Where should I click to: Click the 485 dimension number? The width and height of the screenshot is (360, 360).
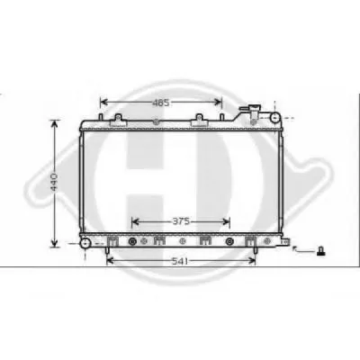click(x=161, y=103)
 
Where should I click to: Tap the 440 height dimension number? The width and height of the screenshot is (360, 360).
click(x=54, y=182)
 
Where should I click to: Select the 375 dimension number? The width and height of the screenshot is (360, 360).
click(x=181, y=221)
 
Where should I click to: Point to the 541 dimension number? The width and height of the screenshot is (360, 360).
click(x=180, y=262)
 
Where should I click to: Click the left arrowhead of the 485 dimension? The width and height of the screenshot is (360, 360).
click(x=103, y=103)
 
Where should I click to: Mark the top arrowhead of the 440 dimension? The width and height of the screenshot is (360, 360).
click(x=54, y=124)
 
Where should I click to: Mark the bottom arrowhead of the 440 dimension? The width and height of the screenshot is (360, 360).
click(x=54, y=243)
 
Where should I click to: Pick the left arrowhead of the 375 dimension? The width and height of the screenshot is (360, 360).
click(x=136, y=221)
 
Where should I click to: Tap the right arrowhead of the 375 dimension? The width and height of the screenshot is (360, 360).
click(x=226, y=221)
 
